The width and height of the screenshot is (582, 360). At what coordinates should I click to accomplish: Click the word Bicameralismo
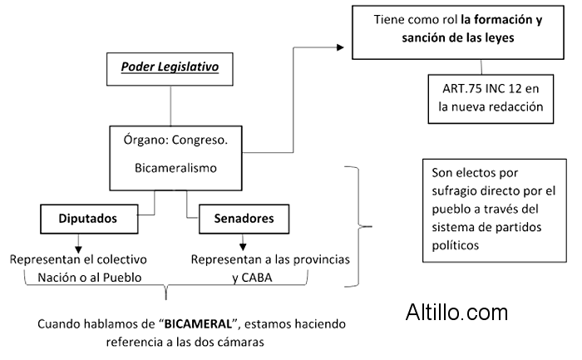point(175,168)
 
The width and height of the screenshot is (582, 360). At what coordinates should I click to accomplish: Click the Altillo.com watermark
point(456,313)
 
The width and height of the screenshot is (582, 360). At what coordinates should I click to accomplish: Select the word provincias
point(320,259)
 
